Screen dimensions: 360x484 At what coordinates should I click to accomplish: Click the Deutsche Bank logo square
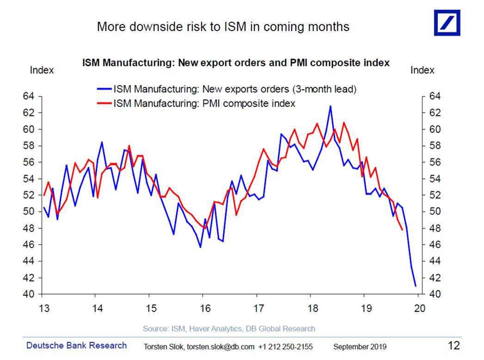click(x=447, y=22)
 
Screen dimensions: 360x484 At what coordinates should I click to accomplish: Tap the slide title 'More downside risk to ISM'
click(x=223, y=27)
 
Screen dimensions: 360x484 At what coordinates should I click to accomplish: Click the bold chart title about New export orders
click(x=236, y=62)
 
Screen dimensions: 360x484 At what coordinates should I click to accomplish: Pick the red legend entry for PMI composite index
click(x=204, y=103)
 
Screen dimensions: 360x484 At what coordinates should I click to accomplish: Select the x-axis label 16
click(x=202, y=308)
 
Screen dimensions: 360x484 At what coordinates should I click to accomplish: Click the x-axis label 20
click(x=419, y=308)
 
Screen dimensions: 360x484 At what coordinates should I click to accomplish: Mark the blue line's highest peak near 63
click(x=330, y=106)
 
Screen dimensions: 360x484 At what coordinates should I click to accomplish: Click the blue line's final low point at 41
click(x=416, y=286)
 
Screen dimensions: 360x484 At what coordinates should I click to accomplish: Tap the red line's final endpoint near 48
click(x=402, y=230)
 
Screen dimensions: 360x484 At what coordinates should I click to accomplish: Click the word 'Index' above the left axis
click(x=42, y=70)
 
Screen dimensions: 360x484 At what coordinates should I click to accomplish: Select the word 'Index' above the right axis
click(x=422, y=70)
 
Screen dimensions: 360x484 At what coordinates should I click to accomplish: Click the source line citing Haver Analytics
click(x=229, y=329)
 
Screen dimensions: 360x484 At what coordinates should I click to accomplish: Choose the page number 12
click(x=454, y=345)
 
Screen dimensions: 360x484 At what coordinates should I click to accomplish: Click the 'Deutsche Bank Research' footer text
click(x=76, y=345)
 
